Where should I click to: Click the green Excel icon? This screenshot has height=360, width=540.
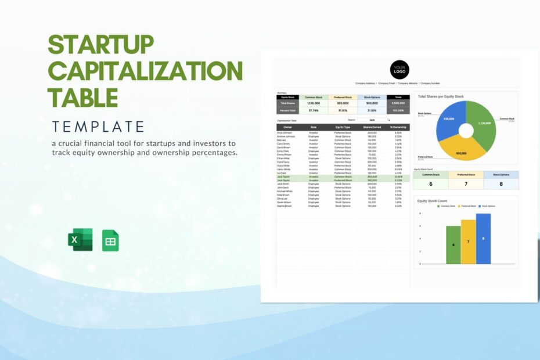click(x=80, y=240)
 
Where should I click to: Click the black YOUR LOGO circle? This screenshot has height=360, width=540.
click(x=399, y=70)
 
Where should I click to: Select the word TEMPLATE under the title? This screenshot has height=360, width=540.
click(x=98, y=126)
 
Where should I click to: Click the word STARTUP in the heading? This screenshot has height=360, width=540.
click(x=100, y=45)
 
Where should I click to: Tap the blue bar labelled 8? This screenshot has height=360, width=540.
click(x=483, y=239)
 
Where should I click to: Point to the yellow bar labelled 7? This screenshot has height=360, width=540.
click(x=468, y=242)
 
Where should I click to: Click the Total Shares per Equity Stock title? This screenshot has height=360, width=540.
click(x=441, y=96)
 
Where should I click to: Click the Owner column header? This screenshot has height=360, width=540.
click(x=288, y=127)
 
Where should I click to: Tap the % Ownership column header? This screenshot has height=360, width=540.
click(x=398, y=127)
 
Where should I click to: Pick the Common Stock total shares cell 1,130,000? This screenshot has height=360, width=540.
click(x=314, y=103)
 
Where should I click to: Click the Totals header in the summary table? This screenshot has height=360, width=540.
click(x=398, y=97)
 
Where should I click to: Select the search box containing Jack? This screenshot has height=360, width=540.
click(x=372, y=120)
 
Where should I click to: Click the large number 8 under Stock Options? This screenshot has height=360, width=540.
click(x=501, y=184)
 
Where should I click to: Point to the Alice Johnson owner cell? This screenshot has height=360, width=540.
click(x=286, y=132)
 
